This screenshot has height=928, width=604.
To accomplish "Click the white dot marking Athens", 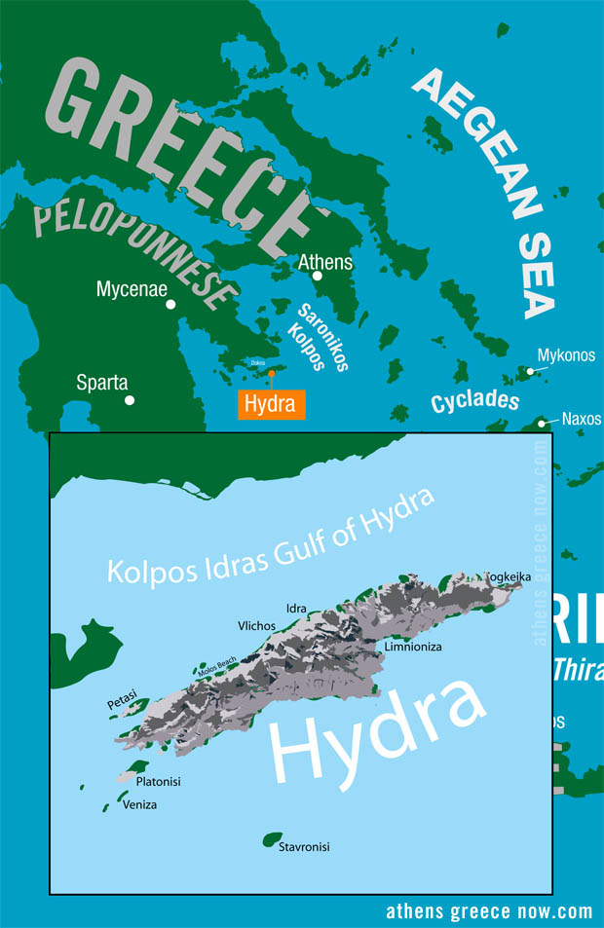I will (x=318, y=276).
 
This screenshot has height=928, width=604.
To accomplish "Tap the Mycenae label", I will (x=132, y=288).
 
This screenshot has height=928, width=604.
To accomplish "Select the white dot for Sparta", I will (x=130, y=399).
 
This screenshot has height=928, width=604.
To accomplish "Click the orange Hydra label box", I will (x=271, y=404).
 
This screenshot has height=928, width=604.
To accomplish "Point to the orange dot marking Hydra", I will (x=272, y=373).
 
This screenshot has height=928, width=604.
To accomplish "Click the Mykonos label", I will (x=566, y=355).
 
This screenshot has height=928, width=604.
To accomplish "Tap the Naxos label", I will (x=582, y=420).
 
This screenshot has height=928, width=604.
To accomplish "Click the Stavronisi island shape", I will (x=272, y=838).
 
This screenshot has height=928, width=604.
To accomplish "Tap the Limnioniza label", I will (x=413, y=647).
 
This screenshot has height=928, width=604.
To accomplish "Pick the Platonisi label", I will (x=158, y=781).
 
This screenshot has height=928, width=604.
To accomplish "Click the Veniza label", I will (x=139, y=804).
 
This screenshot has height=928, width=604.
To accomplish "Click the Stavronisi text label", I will (x=304, y=847).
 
